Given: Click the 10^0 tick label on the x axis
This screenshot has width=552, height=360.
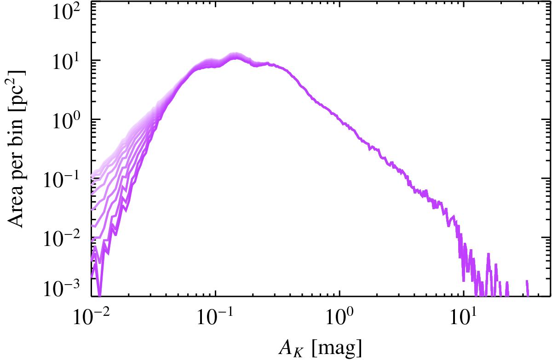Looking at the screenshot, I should point(339,316).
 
